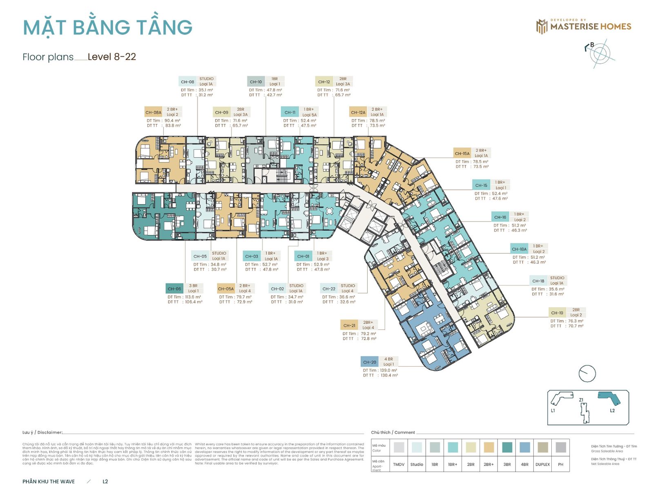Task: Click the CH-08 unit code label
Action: click(x=188, y=82)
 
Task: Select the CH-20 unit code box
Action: click(x=370, y=362)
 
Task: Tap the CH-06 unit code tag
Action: click(x=174, y=289)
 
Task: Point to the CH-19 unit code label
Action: click(x=557, y=313)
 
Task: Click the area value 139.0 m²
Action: click(x=388, y=370)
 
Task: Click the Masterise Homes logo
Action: click(x=584, y=26)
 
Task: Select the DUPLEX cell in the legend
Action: click(x=542, y=464)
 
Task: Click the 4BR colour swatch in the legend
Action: click(x=525, y=447)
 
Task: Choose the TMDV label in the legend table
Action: click(x=399, y=464)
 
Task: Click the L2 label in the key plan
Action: click(x=612, y=411)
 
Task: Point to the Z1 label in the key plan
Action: click(x=581, y=400)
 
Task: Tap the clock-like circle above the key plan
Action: click(x=587, y=373)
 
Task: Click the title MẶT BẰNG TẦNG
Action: click(x=108, y=27)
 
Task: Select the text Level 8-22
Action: click(x=112, y=57)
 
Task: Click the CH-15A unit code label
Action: click(x=462, y=154)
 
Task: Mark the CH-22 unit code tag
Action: click(x=329, y=289)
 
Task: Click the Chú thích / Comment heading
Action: click(x=393, y=432)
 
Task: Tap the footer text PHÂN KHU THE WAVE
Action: click(x=49, y=481)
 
